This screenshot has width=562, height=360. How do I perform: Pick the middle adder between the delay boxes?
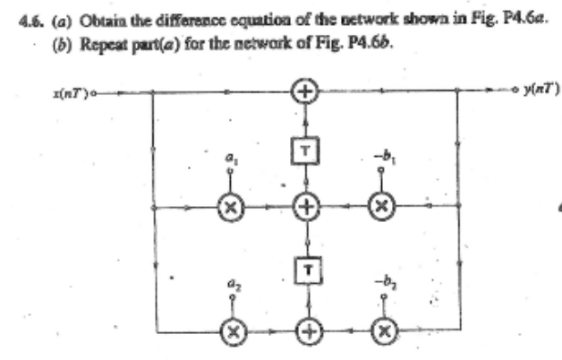(307, 206)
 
